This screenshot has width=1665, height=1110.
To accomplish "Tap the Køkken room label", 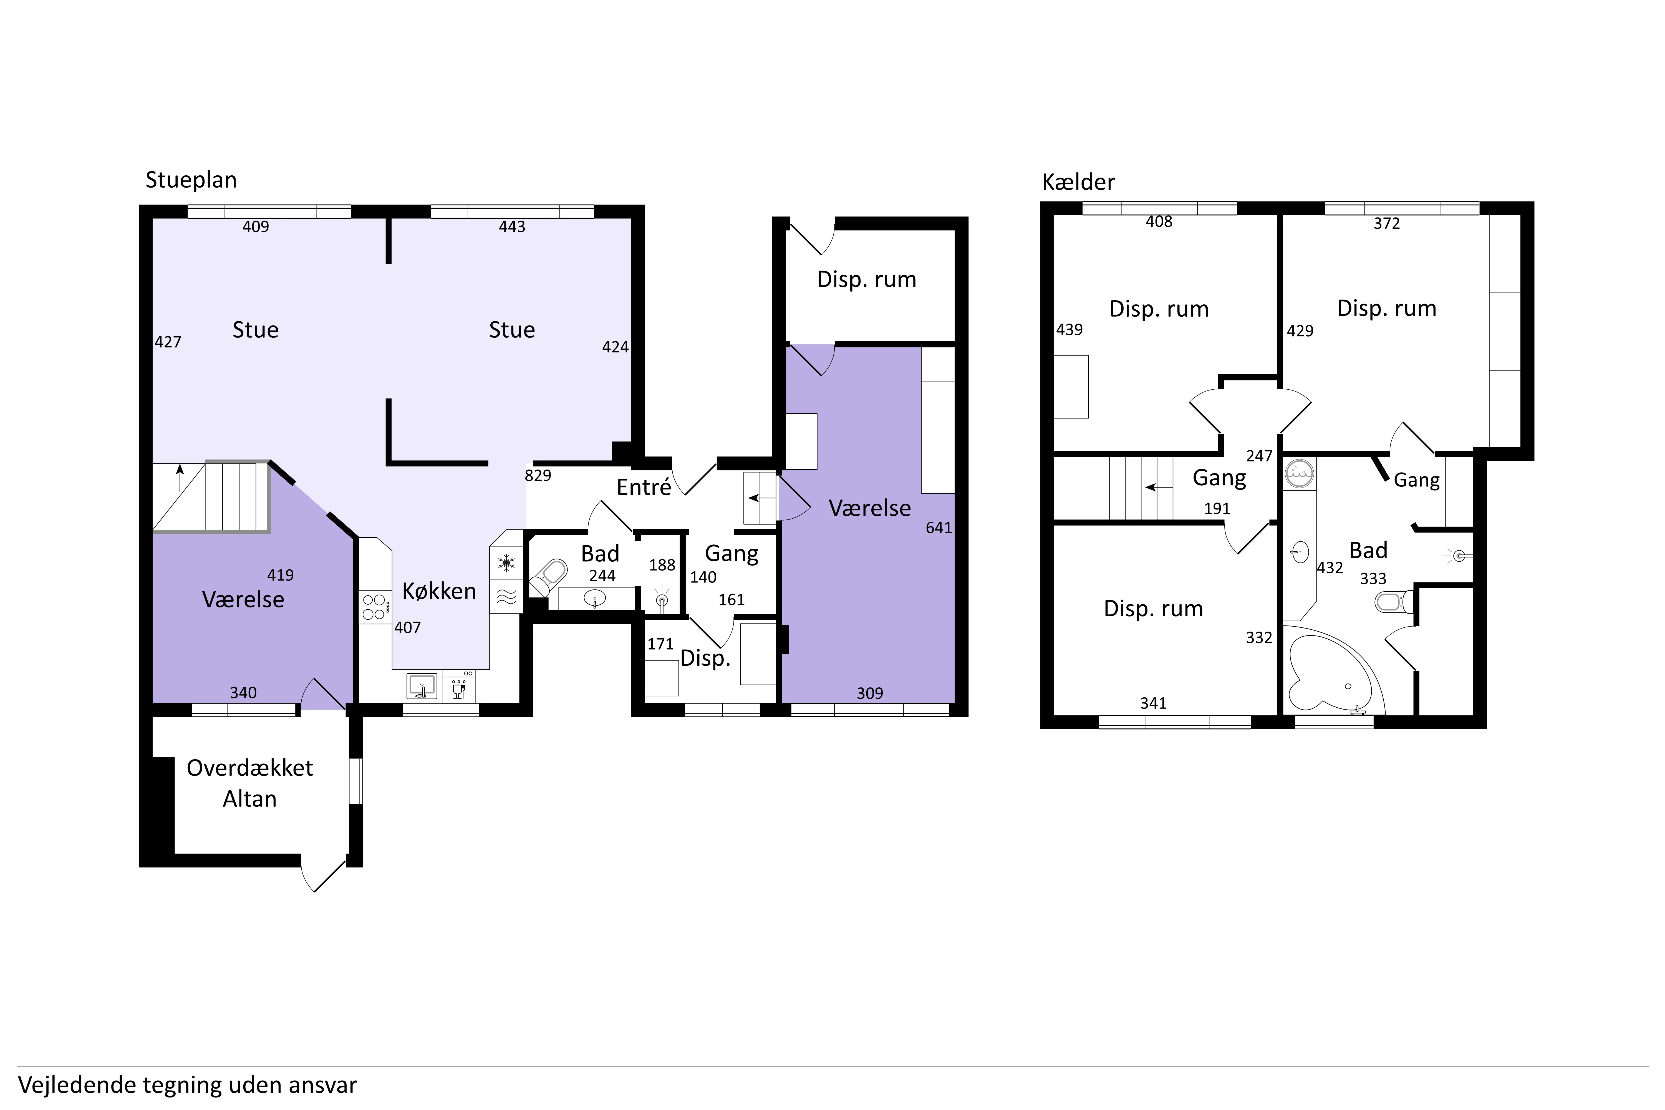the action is coord(439,591).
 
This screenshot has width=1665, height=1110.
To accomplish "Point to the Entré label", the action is coord(644,487).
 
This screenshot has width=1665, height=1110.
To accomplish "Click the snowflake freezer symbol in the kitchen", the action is coord(506,564).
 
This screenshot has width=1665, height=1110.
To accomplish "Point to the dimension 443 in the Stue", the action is coord(512,226).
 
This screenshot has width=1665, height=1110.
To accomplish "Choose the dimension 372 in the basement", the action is coord(1387,224).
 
